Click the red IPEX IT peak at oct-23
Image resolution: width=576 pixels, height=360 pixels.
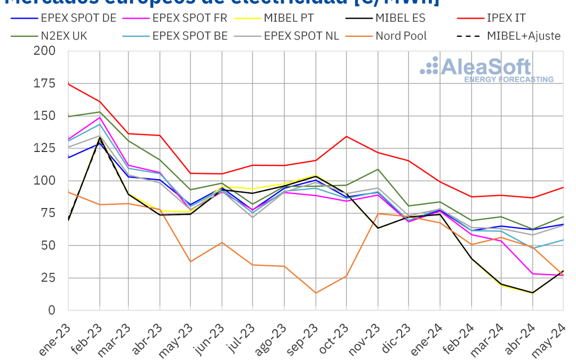[347, 137]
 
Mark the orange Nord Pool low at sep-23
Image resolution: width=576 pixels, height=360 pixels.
[316, 293]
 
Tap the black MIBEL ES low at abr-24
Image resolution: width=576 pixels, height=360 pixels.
[532, 293]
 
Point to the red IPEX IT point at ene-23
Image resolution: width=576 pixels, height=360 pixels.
[69, 84]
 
